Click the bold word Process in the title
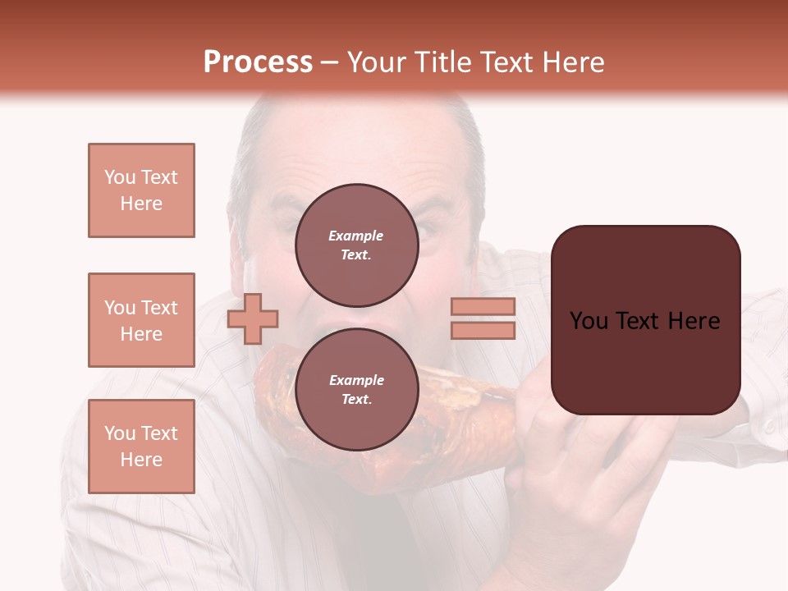point(258,62)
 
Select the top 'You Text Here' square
point(141,190)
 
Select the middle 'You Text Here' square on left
point(141,320)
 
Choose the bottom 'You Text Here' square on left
point(141,446)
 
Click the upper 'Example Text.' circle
point(356,245)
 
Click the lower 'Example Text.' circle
point(356,389)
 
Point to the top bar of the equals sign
point(483,306)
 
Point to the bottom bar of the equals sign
point(483,330)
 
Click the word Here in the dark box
point(694,320)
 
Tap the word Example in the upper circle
point(356,236)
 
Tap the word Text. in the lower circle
point(356,399)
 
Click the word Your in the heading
point(378,62)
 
